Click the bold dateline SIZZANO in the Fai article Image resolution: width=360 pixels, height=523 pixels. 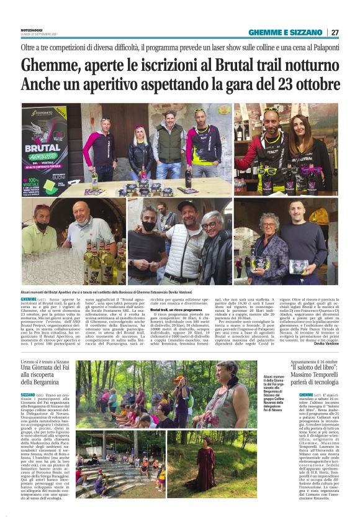pyautogui.click(x=29, y=394)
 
